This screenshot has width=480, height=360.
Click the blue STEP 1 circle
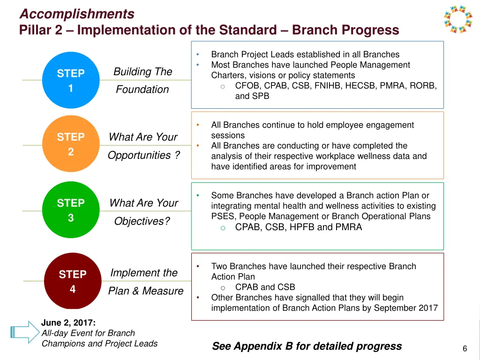coord(71,80)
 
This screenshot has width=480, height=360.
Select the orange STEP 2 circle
coord(71,144)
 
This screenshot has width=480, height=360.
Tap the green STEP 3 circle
coord(71,210)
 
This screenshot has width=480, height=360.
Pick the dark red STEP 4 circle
coord(72,281)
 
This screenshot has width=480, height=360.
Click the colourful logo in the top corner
coord(458,19)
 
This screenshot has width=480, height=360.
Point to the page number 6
coord(465,348)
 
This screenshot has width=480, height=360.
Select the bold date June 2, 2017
coord(68,322)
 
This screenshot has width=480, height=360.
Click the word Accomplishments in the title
coord(77,14)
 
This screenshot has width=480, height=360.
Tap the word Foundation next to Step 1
coord(142,89)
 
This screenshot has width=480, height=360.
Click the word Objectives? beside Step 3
coord(142,221)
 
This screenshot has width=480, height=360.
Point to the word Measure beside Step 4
coord(163,291)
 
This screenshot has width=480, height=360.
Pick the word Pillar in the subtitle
coord(34,30)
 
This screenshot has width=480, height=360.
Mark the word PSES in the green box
coord(221,217)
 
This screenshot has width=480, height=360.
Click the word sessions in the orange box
coord(228,135)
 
